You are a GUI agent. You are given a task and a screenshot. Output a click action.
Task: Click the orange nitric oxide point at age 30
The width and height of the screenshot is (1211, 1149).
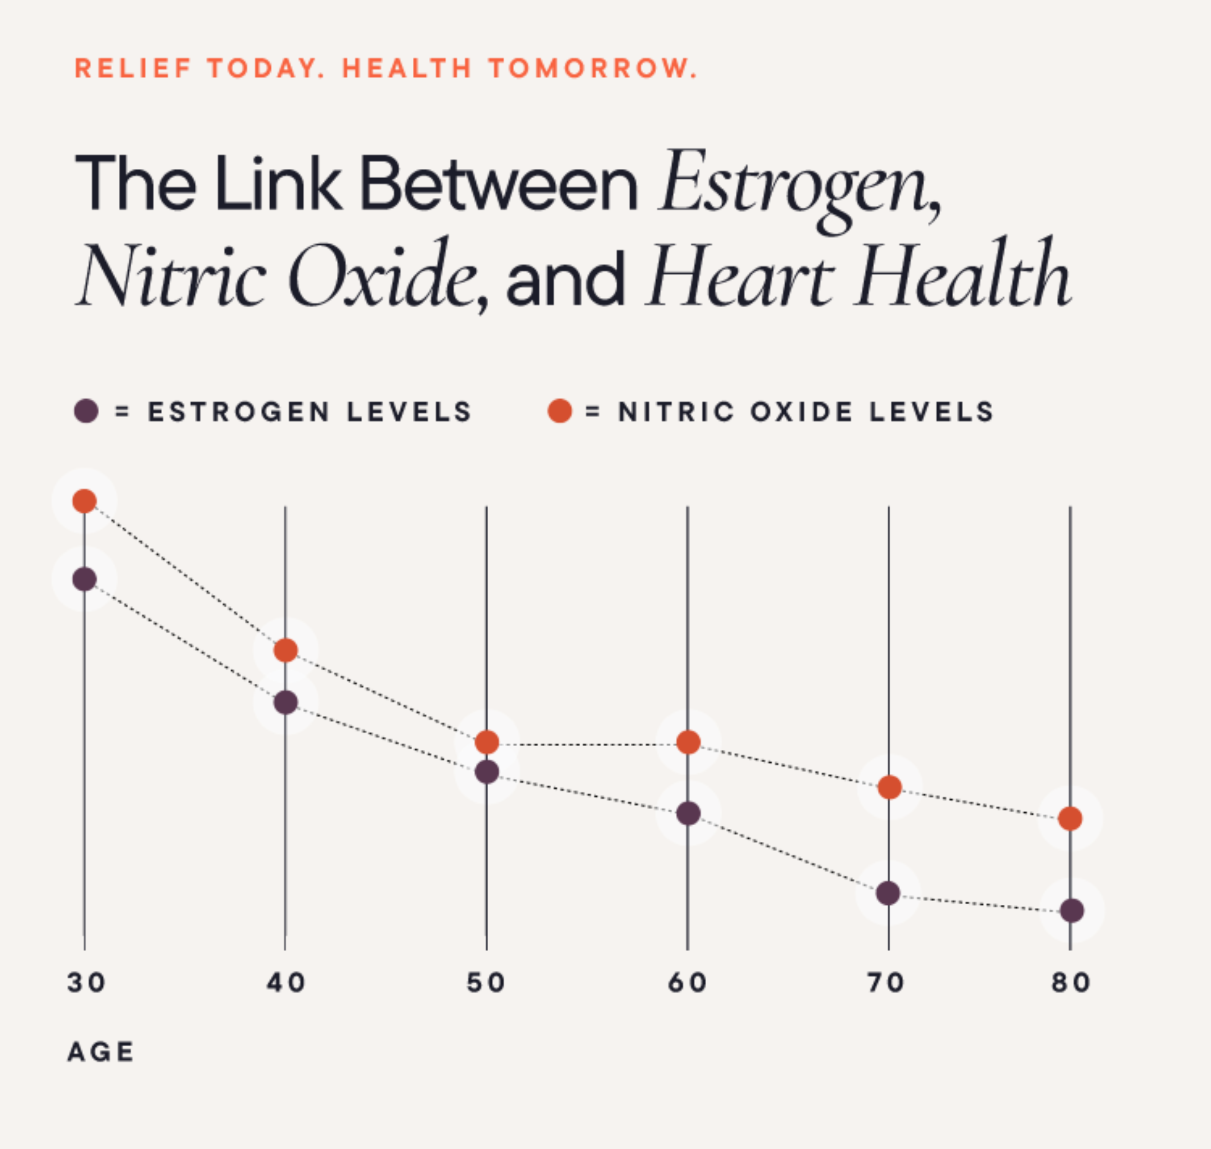coord(85,501)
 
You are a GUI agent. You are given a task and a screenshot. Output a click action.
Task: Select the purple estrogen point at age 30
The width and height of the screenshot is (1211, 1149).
coord(85,579)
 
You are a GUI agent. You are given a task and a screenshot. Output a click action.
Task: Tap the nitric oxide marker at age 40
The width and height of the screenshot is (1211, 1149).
coord(286,650)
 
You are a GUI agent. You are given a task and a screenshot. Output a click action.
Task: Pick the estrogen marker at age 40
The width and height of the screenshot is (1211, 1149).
coord(286,702)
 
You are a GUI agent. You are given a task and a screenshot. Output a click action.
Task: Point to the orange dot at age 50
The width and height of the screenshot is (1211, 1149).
coord(487,742)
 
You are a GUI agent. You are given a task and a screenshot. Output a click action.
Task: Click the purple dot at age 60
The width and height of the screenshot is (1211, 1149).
coord(688,813)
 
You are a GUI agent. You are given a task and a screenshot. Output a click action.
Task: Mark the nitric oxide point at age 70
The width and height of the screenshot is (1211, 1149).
coord(889,787)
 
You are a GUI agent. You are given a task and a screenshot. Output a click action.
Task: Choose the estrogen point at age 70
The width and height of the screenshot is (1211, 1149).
coord(888,893)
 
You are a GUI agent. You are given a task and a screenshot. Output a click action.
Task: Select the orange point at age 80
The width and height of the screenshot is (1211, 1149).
coord(1070,819)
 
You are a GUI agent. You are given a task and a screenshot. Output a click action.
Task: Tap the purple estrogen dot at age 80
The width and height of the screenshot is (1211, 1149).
coord(1072,911)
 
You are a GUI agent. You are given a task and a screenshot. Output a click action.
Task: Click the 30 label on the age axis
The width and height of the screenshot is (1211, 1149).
coord(86,983)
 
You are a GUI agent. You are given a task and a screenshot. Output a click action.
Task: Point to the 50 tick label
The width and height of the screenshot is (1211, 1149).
coord(486,983)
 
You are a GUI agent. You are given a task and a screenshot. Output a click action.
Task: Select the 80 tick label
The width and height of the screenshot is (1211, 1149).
coord(1070,983)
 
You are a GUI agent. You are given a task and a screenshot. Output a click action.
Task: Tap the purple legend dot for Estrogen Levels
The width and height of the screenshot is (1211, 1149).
coord(86,411)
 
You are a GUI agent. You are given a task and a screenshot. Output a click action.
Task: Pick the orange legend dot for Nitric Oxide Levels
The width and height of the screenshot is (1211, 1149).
coord(560,411)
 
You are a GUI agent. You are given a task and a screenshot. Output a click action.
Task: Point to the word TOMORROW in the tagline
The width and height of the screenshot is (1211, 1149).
coord(593,68)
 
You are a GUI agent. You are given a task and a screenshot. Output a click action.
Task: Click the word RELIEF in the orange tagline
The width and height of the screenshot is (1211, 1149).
coord(133,68)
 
